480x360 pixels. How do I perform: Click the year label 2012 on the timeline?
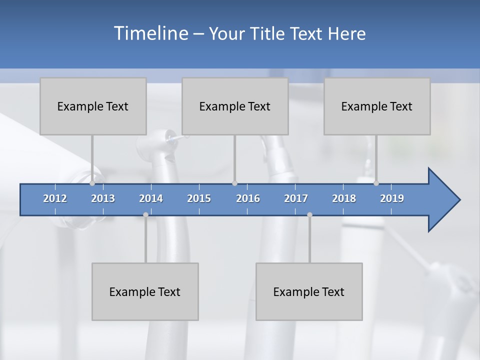click(x=55, y=198)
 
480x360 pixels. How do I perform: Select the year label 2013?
click(x=103, y=198)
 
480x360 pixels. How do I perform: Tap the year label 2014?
click(x=151, y=198)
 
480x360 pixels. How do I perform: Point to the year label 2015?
click(x=199, y=198)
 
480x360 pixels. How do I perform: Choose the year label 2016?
click(x=248, y=198)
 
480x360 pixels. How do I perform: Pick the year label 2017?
click(x=296, y=198)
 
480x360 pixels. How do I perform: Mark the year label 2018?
click(x=344, y=198)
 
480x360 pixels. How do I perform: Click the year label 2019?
click(x=392, y=198)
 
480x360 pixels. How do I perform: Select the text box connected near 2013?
click(x=93, y=106)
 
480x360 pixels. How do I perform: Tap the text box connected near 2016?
click(x=235, y=106)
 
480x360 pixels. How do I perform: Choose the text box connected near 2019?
click(x=377, y=106)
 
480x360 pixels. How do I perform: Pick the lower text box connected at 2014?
click(x=145, y=291)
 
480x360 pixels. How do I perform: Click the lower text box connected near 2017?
click(x=309, y=291)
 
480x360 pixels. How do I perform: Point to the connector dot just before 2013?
click(x=92, y=183)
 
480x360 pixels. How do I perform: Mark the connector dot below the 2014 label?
click(x=145, y=214)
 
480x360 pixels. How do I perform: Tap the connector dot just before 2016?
click(x=234, y=183)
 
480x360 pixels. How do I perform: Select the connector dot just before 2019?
click(x=376, y=183)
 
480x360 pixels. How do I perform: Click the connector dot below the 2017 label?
click(x=309, y=214)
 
